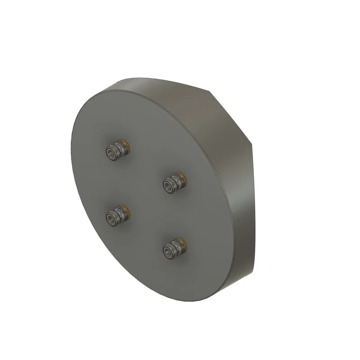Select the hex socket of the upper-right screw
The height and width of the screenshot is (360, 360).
tap(168, 185)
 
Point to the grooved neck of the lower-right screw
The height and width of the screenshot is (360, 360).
tap(177, 247)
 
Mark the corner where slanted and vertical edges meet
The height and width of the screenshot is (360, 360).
tap(253, 145)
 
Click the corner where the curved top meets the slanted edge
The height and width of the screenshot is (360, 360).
tap(211, 91)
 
